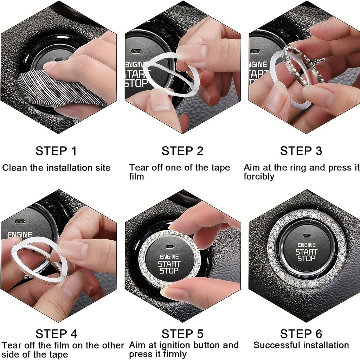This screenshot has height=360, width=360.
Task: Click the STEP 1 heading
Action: pyautogui.click(x=56, y=151)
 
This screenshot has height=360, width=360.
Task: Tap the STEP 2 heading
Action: pyautogui.click(x=182, y=151)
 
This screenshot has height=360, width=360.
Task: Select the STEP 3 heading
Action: pyautogui.click(x=301, y=151)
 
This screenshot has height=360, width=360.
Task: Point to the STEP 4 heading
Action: pyautogui.click(x=56, y=334)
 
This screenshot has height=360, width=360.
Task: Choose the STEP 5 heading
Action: pyautogui.click(x=182, y=334)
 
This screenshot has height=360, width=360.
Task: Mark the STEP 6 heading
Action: pyautogui.click(x=301, y=334)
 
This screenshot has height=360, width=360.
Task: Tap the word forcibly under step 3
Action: pyautogui.click(x=259, y=176)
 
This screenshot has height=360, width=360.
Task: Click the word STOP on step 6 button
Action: pyautogui.click(x=306, y=259)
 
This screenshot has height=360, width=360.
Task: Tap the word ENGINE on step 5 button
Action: pyautogui.click(x=169, y=257)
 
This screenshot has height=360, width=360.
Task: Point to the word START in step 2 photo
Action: pyautogui.click(x=135, y=74)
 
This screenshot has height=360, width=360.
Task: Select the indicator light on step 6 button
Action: pyautogui.click(x=307, y=236)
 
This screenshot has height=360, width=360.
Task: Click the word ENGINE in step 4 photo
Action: pyautogui.click(x=19, y=234)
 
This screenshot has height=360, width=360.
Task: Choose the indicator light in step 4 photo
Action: pyautogui.click(x=20, y=222)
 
